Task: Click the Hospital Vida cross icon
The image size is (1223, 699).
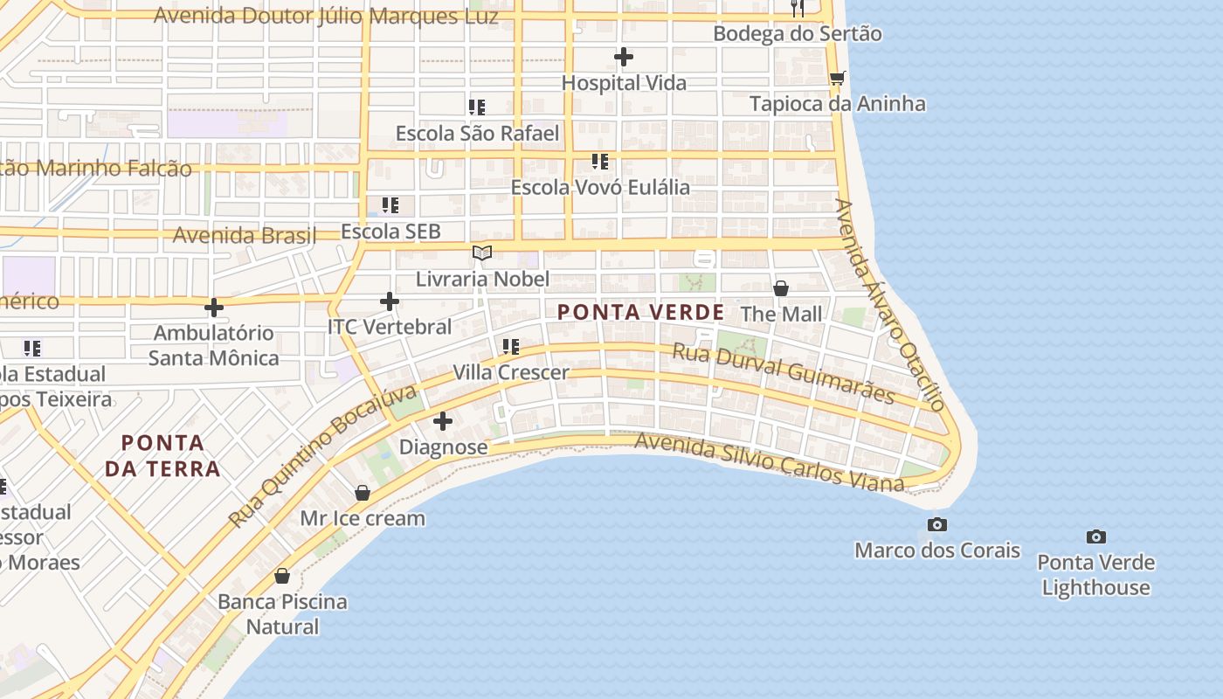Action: pyautogui.click(x=623, y=58)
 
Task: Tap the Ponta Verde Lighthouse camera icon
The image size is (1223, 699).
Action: pyautogui.click(x=1095, y=536)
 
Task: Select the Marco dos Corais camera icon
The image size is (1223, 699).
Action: pyautogui.click(x=936, y=524)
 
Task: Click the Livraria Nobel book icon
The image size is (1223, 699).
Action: pyautogui.click(x=482, y=253)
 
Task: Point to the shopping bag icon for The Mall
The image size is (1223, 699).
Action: pyautogui.click(x=781, y=288)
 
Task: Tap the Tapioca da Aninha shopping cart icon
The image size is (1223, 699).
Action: pyautogui.click(x=837, y=78)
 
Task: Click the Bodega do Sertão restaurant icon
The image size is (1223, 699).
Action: pyautogui.click(x=797, y=9)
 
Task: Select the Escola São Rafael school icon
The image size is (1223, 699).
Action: pyautogui.click(x=477, y=107)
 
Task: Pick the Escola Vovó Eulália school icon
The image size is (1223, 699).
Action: pyautogui.click(x=600, y=162)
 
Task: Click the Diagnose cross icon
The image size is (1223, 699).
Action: pyautogui.click(x=443, y=421)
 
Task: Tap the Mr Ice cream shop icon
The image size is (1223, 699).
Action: pyautogui.click(x=363, y=493)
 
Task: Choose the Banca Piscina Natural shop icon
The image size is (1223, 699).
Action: pyautogui.click(x=282, y=576)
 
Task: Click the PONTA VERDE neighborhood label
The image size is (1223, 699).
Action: pyautogui.click(x=640, y=312)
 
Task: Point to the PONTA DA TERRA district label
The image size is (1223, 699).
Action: pyautogui.click(x=162, y=455)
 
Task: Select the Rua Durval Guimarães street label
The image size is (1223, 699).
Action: pyautogui.click(x=783, y=374)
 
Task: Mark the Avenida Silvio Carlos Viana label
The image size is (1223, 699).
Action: pyautogui.click(x=769, y=461)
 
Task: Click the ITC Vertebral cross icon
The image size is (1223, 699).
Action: pyautogui.click(x=390, y=301)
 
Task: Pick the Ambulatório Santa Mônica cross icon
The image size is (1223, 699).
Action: pyautogui.click(x=213, y=308)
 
